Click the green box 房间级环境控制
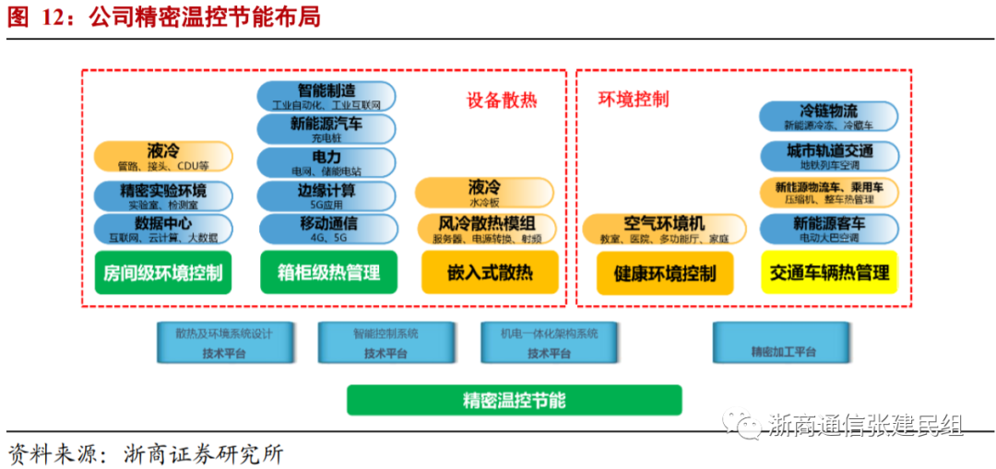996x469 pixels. pos(164,273)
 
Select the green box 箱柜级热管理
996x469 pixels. pos(328,273)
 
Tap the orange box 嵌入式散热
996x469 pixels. pos(490,273)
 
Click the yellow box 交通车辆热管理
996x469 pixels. pos(829,273)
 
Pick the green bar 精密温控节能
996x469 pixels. pos(514,400)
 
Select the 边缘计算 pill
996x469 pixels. pos(326,195)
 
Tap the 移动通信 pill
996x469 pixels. pos(326,229)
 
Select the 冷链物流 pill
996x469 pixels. pos(828,116)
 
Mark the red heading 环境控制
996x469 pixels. pos(634,100)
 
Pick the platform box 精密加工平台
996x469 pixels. pos(784,342)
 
